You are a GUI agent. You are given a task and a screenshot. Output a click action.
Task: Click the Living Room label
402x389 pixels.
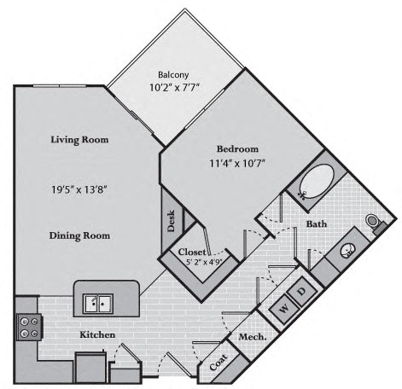[x=79, y=140]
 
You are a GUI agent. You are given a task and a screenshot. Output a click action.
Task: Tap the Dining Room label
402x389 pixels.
[x=79, y=235]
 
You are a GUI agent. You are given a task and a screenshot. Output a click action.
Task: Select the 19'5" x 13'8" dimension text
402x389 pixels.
[x=79, y=189]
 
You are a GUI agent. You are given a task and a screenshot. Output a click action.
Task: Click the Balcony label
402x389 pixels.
[x=173, y=75]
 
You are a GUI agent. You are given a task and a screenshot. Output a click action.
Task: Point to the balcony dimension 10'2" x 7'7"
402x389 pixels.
[x=173, y=87]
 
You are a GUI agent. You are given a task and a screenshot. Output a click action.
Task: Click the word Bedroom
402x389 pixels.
[x=237, y=149]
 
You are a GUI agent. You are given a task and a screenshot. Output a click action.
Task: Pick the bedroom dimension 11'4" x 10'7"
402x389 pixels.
[x=237, y=163]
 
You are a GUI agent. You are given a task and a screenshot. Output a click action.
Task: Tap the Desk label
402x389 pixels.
[x=171, y=221]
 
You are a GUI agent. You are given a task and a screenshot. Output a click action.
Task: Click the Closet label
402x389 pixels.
[x=192, y=252]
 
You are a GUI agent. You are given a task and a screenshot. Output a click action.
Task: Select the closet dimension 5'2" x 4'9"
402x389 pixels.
[x=204, y=261]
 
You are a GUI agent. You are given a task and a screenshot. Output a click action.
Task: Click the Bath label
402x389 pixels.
[x=317, y=224]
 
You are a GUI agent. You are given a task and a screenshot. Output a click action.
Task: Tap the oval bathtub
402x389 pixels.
[x=317, y=182]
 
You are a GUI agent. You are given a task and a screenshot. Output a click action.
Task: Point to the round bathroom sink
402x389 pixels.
[x=347, y=251]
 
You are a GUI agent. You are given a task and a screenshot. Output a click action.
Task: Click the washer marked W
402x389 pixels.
[x=284, y=309]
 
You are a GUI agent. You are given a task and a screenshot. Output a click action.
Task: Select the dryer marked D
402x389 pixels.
[x=302, y=291]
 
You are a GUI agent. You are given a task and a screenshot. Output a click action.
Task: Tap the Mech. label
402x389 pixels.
[x=253, y=337]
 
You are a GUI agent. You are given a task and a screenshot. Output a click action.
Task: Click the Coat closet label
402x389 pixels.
[x=218, y=363]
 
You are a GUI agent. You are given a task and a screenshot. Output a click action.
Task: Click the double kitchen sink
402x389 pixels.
[x=98, y=304]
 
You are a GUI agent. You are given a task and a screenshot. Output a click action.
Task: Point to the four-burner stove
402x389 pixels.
[x=29, y=327]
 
